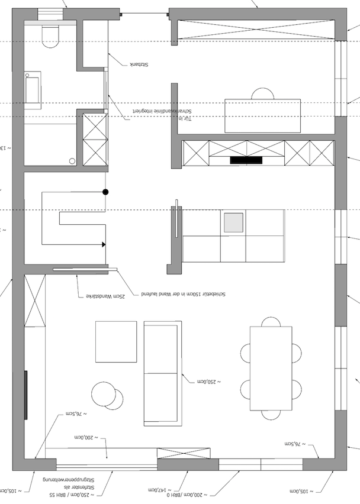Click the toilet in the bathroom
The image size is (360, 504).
[50, 36]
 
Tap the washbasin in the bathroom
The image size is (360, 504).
[32, 90]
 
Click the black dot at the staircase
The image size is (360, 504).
[105, 192]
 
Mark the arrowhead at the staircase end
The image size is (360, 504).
[104, 244]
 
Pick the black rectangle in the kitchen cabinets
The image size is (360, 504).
[246, 160]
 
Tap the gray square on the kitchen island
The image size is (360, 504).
[233, 222]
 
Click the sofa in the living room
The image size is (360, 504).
[162, 373]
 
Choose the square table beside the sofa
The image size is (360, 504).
[116, 341]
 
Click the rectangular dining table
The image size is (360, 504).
[271, 368]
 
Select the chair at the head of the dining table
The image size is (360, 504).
[271, 322]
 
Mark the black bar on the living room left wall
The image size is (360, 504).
[25, 395]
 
